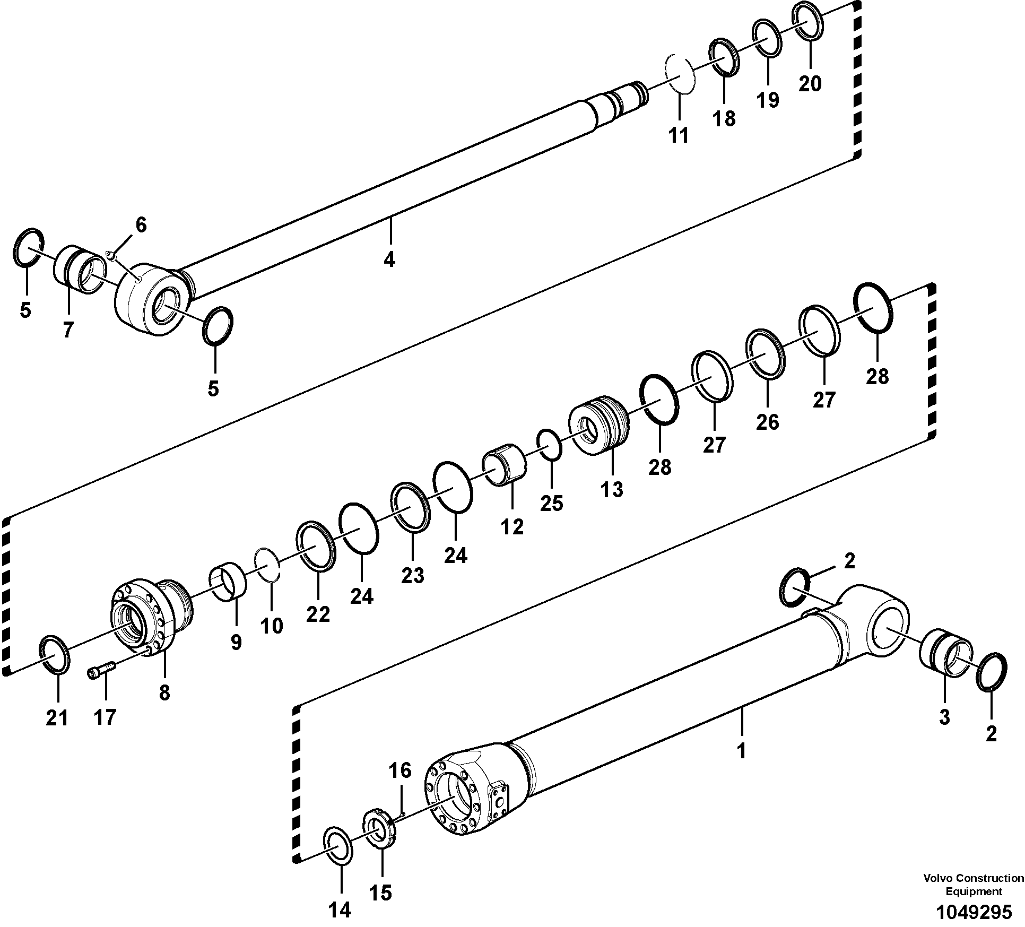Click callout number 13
[612, 489]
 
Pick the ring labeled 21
[55, 654]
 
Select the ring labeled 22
[317, 546]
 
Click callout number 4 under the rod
[389, 259]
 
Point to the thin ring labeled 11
[680, 74]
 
